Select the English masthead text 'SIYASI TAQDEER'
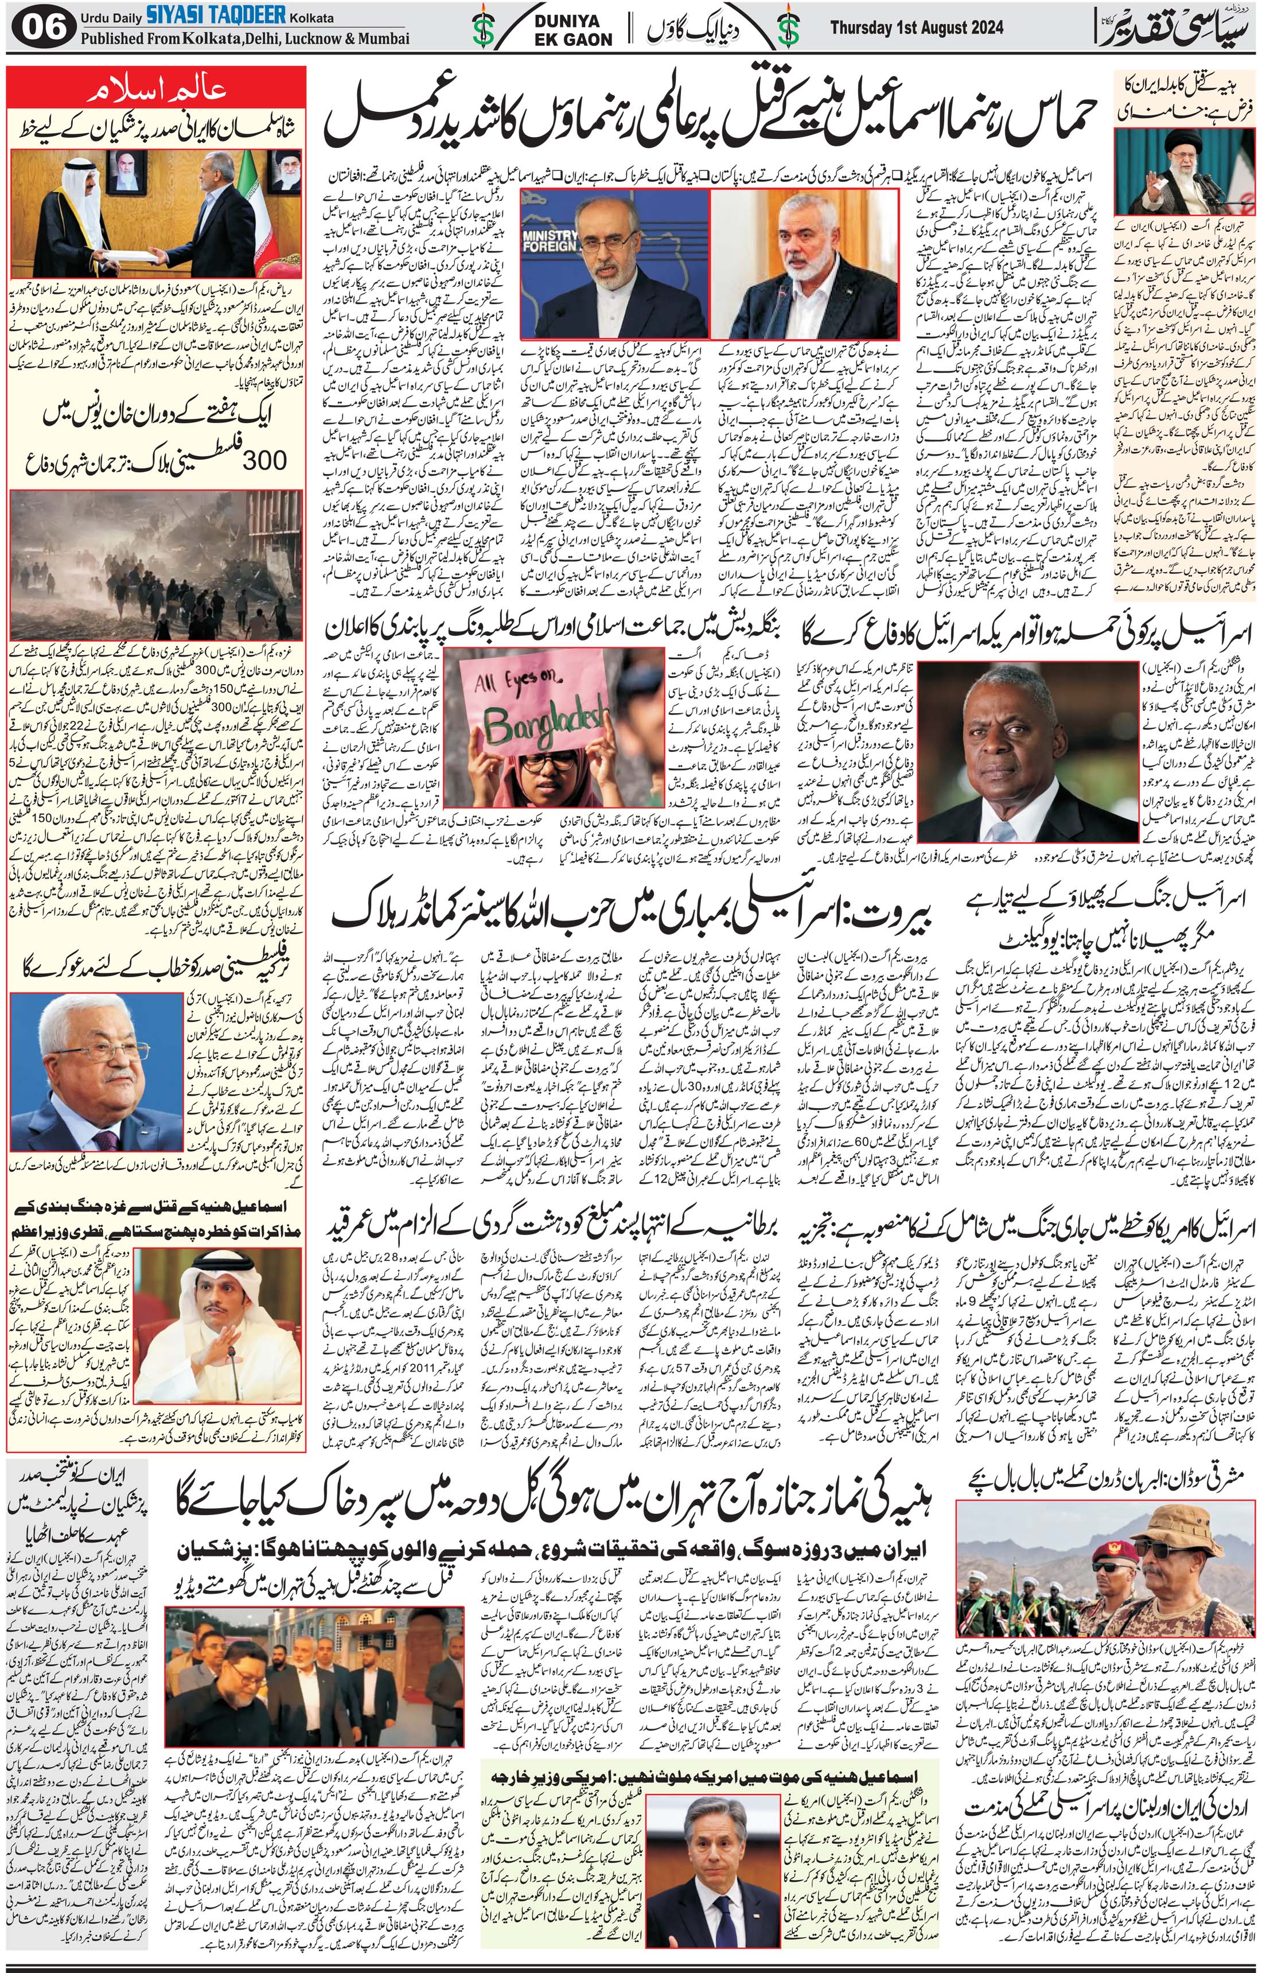(x=216, y=14)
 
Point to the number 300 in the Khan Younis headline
(x=264, y=459)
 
